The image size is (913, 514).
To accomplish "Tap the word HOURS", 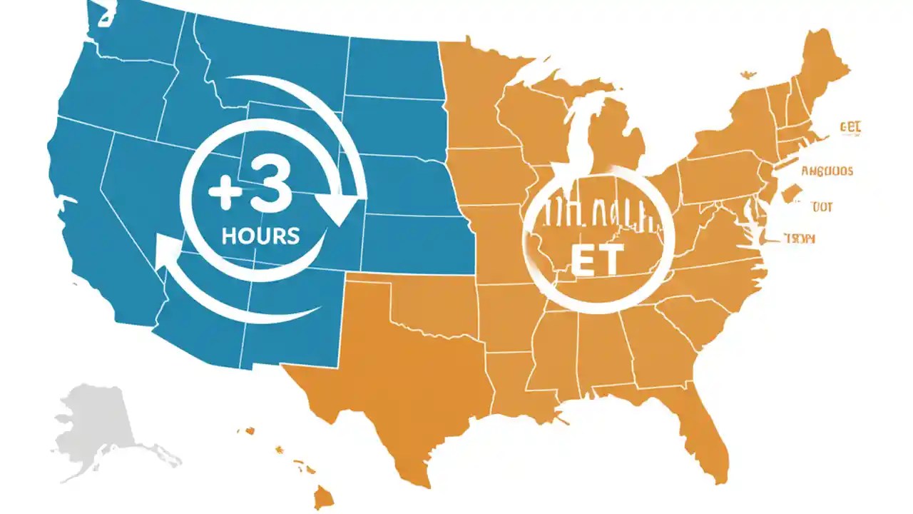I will pyautogui.click(x=260, y=235).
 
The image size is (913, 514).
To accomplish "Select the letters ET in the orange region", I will pyautogui.click(x=597, y=261).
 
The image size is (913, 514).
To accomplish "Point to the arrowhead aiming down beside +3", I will pyautogui.click(x=339, y=206).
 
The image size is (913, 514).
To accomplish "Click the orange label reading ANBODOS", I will pyautogui.click(x=827, y=171).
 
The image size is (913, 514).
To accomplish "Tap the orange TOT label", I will pyautogui.click(x=821, y=207).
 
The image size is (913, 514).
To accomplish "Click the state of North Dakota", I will pyautogui.click(x=392, y=68).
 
